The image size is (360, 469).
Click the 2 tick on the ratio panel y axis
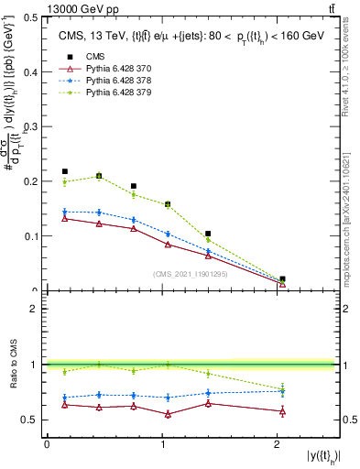(37, 309)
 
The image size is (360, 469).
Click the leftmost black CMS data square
(65, 171)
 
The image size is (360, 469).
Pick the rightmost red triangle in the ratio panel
(282, 411)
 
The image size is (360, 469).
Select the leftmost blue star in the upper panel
(65, 212)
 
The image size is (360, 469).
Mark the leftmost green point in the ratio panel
(65, 371)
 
